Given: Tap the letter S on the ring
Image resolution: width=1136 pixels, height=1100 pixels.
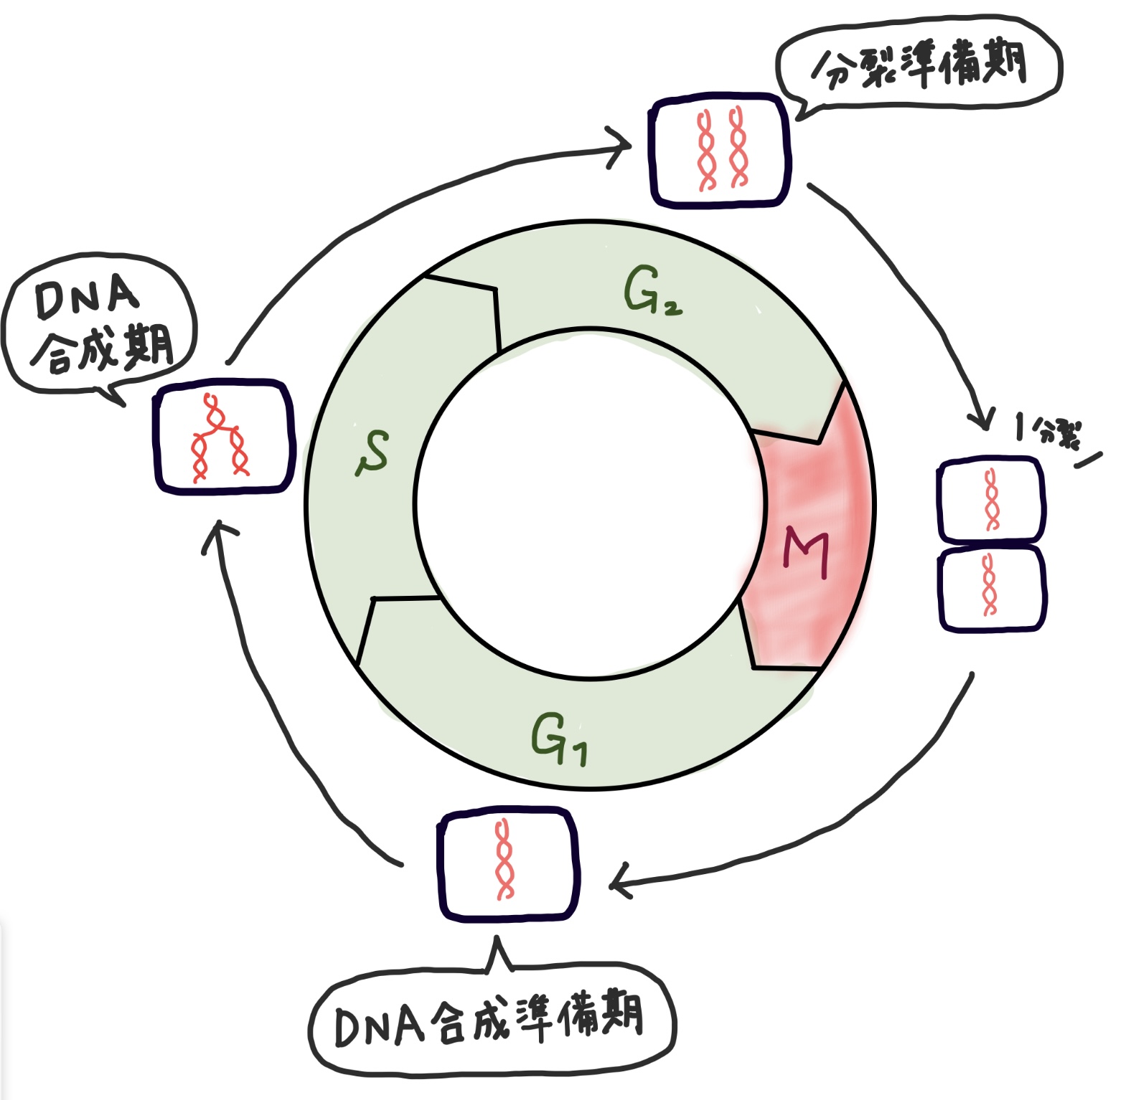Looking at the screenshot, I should [373, 452].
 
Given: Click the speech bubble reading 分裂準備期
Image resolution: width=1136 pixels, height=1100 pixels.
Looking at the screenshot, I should [919, 65].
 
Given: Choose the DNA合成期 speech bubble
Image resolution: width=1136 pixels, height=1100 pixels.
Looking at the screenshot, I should [100, 326].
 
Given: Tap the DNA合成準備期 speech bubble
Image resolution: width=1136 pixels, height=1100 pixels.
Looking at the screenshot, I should [492, 1019].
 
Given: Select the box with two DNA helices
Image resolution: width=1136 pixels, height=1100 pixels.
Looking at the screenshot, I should [720, 150].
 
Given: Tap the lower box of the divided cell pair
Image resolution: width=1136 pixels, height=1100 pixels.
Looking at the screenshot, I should [992, 587].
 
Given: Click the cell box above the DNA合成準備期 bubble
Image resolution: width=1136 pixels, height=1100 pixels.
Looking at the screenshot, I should [508, 863].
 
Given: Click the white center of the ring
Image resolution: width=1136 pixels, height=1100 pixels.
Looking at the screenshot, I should [588, 502].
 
